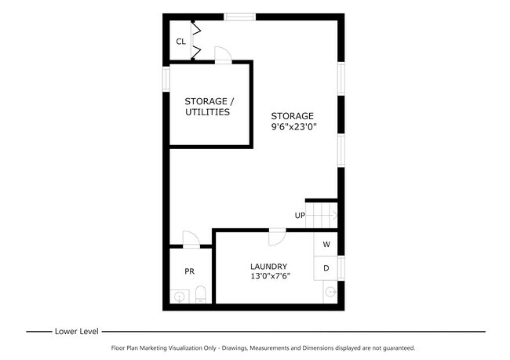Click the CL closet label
[x=180, y=42]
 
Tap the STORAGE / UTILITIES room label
[x=208, y=107]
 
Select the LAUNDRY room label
[x=268, y=266]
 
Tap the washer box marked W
[x=326, y=244]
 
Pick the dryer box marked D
[x=326, y=268]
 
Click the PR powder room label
[x=189, y=271]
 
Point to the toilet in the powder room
[x=200, y=295]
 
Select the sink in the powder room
[x=179, y=296]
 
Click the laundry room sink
[x=330, y=292]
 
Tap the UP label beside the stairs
[x=300, y=216]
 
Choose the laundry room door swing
[x=276, y=236]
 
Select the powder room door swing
[x=189, y=238]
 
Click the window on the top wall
[x=239, y=16]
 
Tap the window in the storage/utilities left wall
[x=166, y=79]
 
